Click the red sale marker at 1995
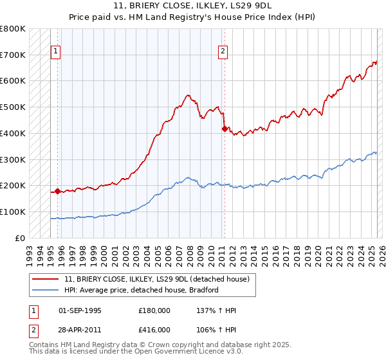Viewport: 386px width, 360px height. coord(57,191)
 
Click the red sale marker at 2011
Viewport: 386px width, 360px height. coord(225,129)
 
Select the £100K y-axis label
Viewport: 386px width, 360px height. coord(13,212)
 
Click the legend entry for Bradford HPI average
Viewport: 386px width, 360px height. coord(141,290)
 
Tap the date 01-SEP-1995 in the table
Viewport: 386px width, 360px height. coord(80,310)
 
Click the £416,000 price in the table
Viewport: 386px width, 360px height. coord(154,330)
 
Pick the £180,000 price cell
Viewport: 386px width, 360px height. coord(154,310)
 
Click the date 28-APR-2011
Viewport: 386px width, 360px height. coord(80,330)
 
